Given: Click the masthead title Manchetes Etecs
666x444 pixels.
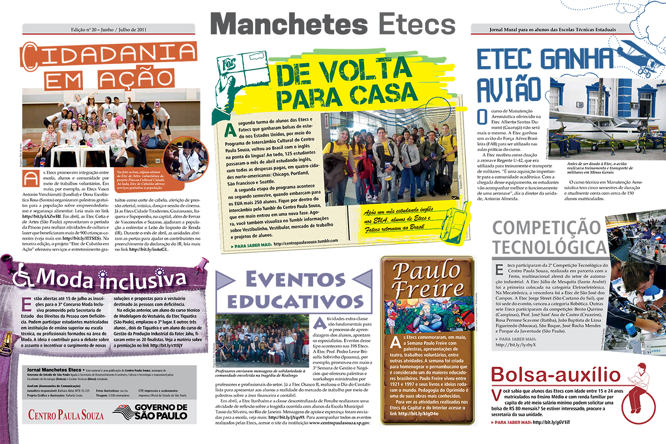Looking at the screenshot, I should click(332, 23).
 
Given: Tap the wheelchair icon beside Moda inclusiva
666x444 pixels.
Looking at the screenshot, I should click(22, 275).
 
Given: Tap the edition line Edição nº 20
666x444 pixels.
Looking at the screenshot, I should click(109, 29).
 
